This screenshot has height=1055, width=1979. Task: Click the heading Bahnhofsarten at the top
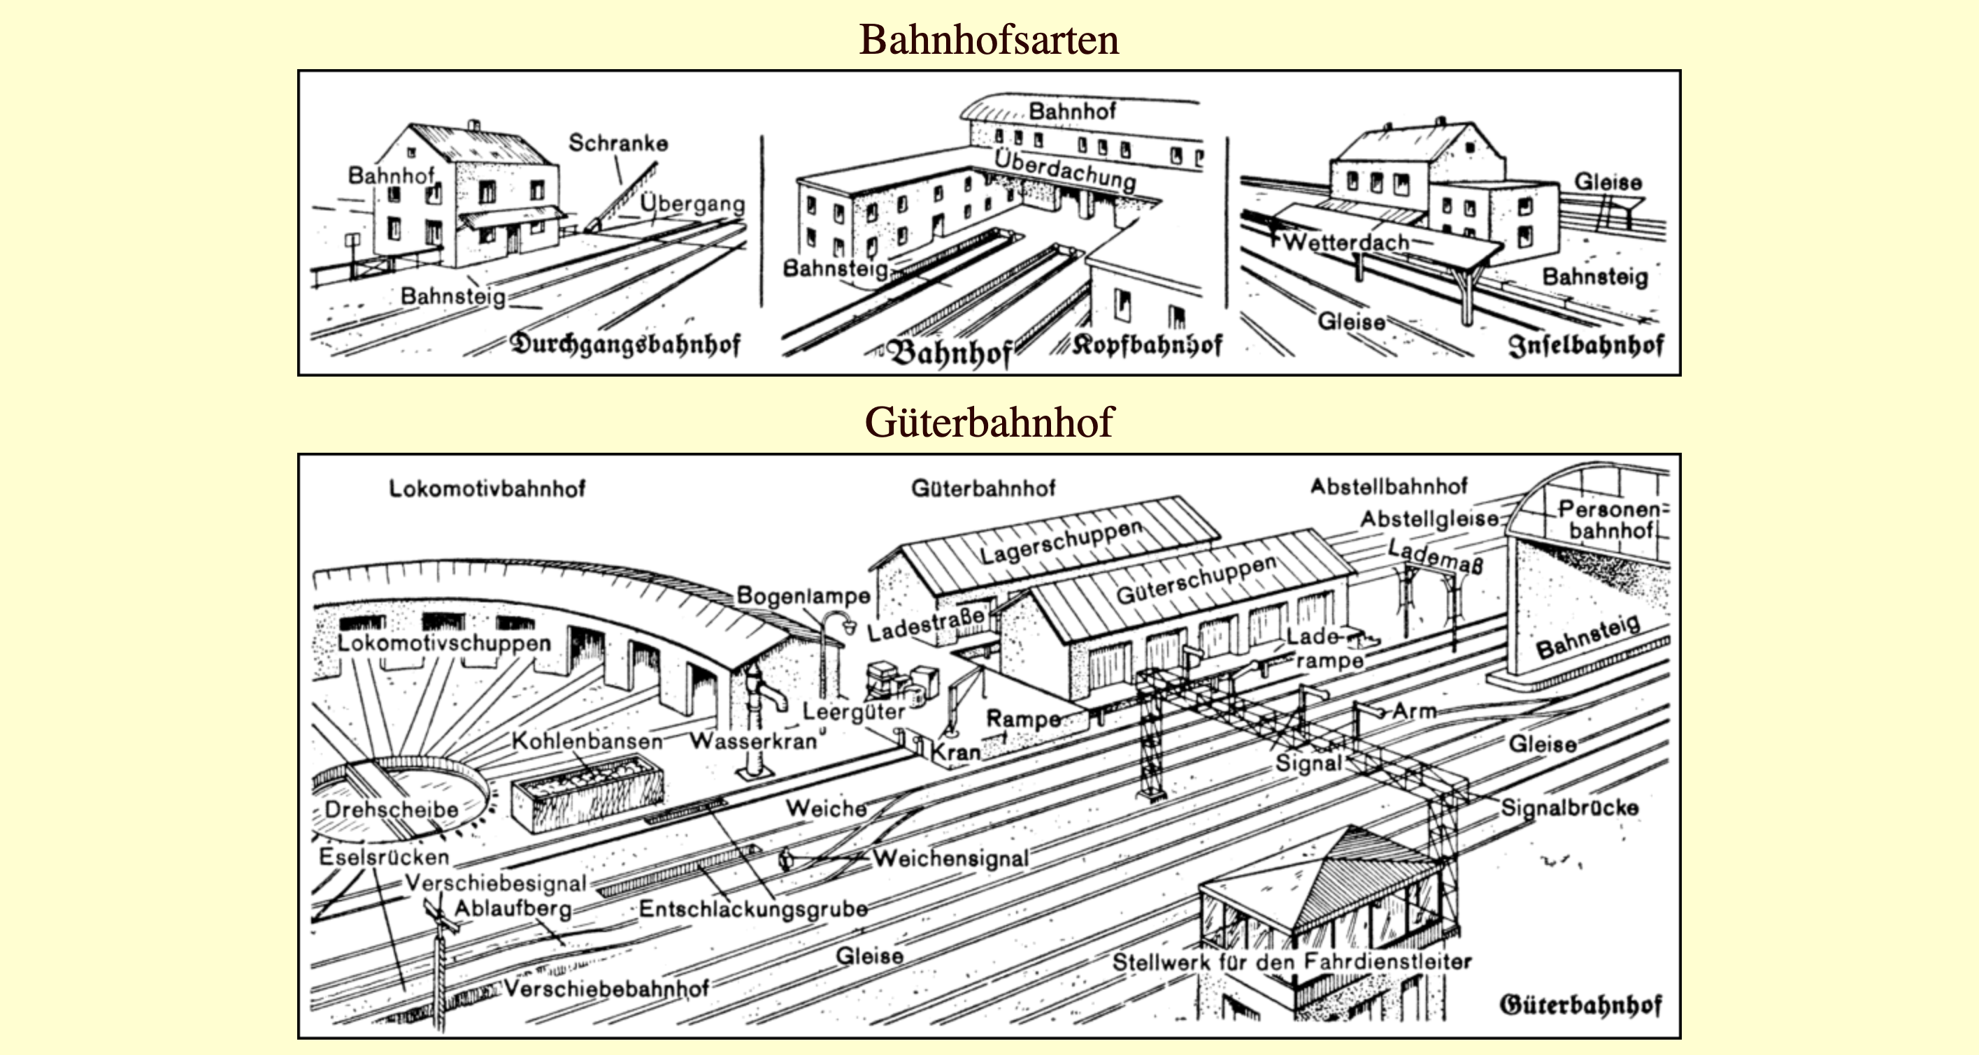point(989,40)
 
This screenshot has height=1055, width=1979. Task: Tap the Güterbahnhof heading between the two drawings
point(989,421)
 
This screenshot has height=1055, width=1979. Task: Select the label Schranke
point(617,143)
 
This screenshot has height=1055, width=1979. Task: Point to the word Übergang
point(692,203)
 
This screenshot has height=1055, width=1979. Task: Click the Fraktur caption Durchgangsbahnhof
point(625,344)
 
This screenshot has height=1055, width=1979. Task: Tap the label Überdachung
point(1065,171)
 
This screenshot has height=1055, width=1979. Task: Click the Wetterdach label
point(1346,242)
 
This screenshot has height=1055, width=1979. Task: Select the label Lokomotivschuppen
point(444,643)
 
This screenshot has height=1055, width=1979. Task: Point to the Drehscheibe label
point(391,809)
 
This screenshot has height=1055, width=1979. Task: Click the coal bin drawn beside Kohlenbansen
point(587,794)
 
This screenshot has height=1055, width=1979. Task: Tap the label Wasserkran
point(753,741)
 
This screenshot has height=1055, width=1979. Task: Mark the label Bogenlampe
point(803,596)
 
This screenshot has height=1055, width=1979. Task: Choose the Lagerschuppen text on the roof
point(1061,542)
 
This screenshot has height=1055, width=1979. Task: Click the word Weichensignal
point(950,858)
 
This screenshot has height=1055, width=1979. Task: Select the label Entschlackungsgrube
point(753,909)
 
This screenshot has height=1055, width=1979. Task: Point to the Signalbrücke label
point(1569,808)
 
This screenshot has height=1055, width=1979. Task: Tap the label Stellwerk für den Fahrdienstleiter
point(1292,962)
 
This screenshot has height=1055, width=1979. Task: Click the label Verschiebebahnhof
point(606,988)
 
